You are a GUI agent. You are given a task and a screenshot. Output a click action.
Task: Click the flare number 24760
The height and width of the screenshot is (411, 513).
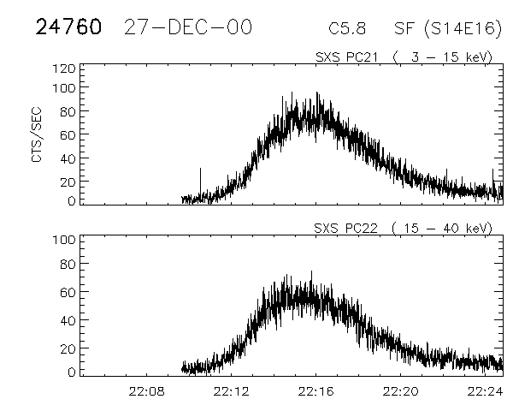[x=68, y=27]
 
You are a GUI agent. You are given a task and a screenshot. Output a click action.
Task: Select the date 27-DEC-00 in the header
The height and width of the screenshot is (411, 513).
[x=187, y=27]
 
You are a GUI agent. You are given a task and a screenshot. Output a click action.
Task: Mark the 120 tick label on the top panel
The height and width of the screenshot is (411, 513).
[x=65, y=68]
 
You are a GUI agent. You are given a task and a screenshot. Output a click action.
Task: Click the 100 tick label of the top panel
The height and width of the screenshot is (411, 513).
[x=65, y=87]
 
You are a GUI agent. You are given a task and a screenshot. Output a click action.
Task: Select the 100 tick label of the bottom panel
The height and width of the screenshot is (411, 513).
[x=65, y=240]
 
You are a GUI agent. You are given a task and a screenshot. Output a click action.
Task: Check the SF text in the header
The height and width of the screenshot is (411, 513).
[x=404, y=28]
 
